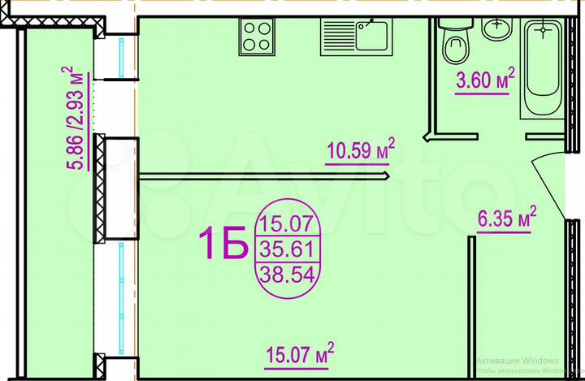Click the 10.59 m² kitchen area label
pyautogui.click(x=360, y=151)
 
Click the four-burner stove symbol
pyautogui.click(x=256, y=37)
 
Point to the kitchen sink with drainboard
pyautogui.click(x=357, y=37)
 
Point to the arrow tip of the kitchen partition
pyautogui.click(x=388, y=175)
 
